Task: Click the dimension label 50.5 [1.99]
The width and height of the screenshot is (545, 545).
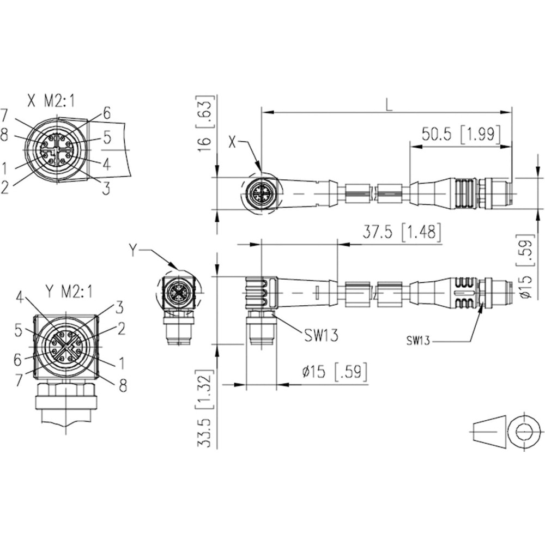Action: coord(461,134)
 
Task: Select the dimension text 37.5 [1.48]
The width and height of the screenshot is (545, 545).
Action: coord(402,232)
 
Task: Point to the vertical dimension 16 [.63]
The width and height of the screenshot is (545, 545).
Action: coord(205,123)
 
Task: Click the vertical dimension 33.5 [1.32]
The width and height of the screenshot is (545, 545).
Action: coord(205,408)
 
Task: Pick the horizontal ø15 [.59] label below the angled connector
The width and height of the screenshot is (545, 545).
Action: coord(335,372)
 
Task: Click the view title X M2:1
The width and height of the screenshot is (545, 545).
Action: coord(51,101)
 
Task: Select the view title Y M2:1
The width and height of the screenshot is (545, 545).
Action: coord(69,291)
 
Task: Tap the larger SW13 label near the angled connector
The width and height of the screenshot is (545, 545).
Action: coord(321,335)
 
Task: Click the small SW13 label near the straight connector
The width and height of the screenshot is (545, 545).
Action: coord(418,341)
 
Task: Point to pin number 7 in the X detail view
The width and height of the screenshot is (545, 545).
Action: coord(4,116)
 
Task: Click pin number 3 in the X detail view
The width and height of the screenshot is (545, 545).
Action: coord(106,188)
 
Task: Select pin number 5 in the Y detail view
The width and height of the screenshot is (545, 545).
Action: coord(19,331)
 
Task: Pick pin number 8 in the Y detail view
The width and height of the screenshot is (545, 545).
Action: coord(123,385)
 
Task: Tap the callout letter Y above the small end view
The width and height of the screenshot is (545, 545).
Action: coord(133,250)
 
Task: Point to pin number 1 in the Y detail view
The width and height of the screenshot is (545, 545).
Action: coord(122,363)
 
